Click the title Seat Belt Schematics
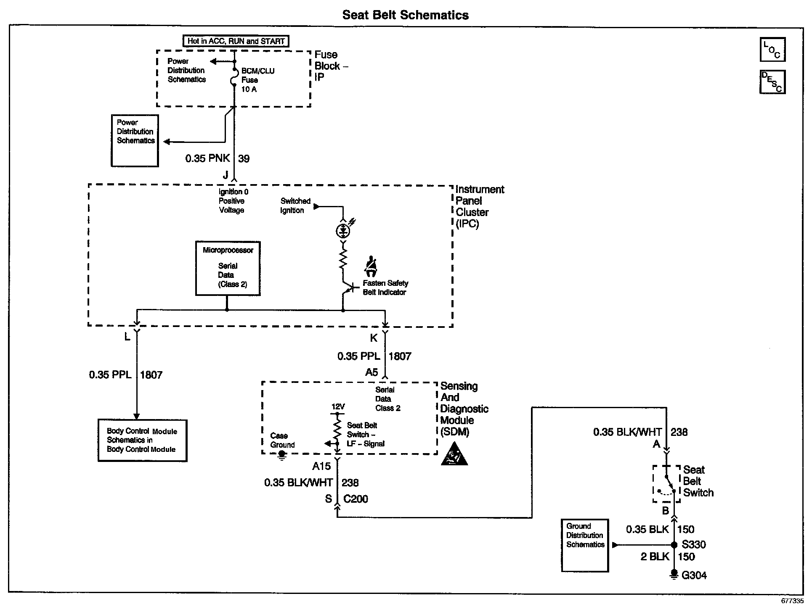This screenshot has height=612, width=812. (405, 15)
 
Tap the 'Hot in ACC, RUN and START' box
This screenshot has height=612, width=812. (236, 41)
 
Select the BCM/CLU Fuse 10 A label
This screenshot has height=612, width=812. (257, 80)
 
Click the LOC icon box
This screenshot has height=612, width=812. (772, 50)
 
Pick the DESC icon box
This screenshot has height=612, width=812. (772, 82)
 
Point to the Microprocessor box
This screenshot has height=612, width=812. (228, 268)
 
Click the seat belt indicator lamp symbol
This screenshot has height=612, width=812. (343, 230)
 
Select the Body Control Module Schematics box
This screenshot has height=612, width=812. (142, 440)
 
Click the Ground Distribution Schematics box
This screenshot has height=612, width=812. (585, 545)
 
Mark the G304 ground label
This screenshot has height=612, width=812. (694, 575)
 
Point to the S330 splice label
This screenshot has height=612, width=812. (694, 545)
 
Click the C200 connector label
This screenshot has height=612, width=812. (356, 499)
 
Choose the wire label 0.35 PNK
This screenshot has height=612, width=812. (207, 158)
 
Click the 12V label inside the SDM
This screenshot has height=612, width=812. (338, 407)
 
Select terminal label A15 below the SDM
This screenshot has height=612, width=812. (321, 466)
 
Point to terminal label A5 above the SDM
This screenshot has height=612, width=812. (372, 372)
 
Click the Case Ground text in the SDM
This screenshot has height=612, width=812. (282, 440)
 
